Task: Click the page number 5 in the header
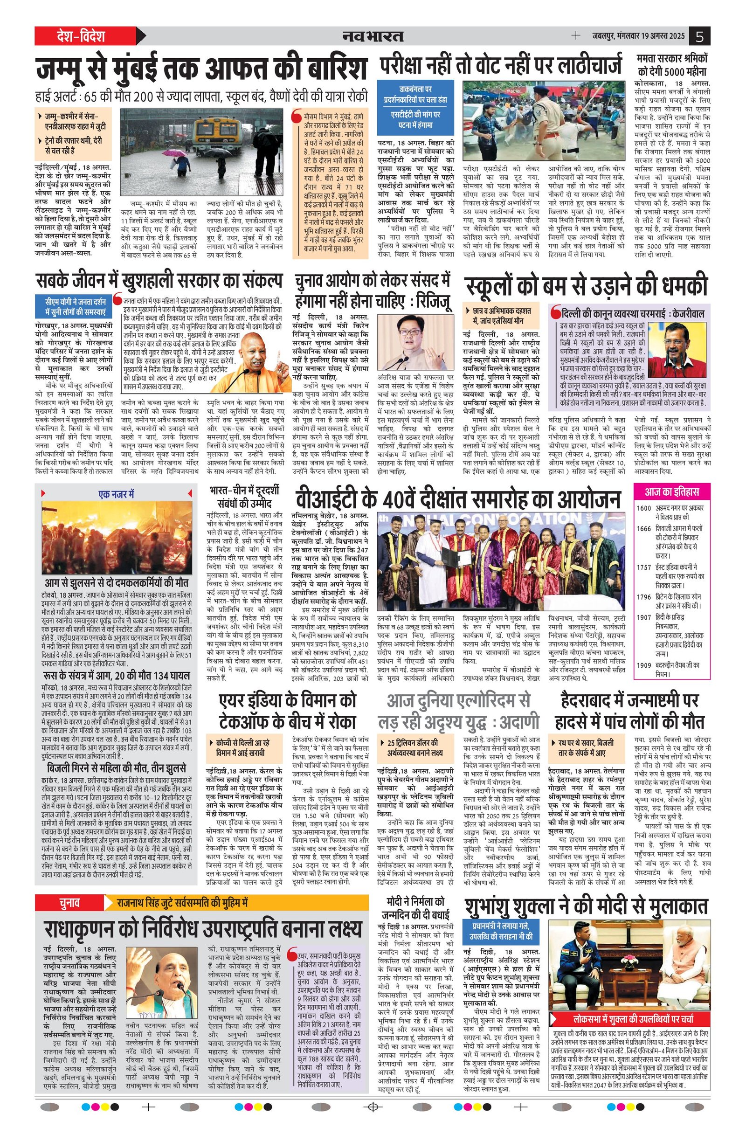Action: [700, 36]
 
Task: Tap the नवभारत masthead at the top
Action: [373, 36]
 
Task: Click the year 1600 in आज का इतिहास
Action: [643, 508]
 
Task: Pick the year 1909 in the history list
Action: [643, 665]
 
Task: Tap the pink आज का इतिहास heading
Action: [671, 492]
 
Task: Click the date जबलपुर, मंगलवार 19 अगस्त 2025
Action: [639, 36]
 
